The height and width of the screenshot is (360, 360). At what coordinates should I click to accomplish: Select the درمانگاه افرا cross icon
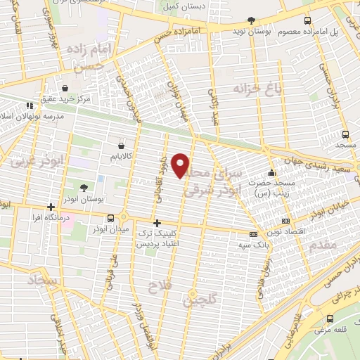(x=50, y=207)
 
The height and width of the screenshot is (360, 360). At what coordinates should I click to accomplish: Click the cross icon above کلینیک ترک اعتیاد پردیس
(x=157, y=223)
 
